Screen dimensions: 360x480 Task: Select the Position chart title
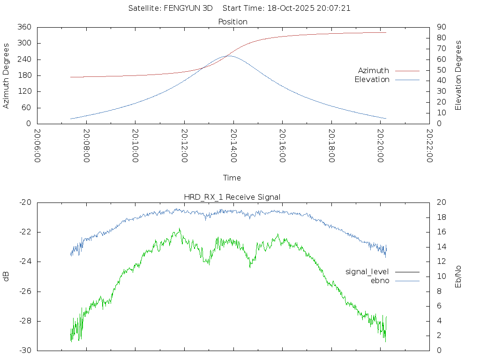pos(233,22)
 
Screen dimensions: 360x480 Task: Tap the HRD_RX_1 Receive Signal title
pos(233,197)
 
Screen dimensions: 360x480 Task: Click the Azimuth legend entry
pos(374,71)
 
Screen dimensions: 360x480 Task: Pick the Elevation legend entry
pos(372,80)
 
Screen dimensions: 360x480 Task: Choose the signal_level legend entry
pos(367,272)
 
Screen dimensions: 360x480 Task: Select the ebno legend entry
pos(380,280)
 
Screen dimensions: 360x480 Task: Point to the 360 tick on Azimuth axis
pos(24,27)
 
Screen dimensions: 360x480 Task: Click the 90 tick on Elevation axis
pos(441,27)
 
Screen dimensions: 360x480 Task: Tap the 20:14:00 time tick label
pos(233,146)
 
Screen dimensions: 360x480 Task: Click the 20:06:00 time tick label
pos(37,146)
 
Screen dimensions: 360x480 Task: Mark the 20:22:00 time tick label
pos(429,146)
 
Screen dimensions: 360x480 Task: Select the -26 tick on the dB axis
pos(25,292)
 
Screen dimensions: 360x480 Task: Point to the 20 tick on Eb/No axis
pos(441,202)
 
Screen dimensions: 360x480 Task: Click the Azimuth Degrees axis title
pos(7,75)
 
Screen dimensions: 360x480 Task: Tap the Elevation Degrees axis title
pos(458,75)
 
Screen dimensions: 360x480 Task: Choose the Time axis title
pos(232,178)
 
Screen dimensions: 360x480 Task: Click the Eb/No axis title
pos(458,277)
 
